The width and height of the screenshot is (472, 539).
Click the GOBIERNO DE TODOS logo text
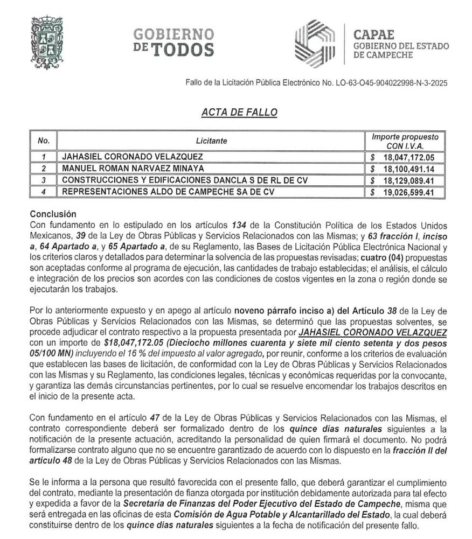point(173,42)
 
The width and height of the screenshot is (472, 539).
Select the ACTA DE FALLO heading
point(239,113)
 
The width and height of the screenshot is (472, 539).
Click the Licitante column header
point(211,141)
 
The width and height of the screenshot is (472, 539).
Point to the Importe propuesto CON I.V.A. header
point(405,141)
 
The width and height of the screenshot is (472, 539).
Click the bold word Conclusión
point(53,214)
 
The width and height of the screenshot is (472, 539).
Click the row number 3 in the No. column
point(44,180)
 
